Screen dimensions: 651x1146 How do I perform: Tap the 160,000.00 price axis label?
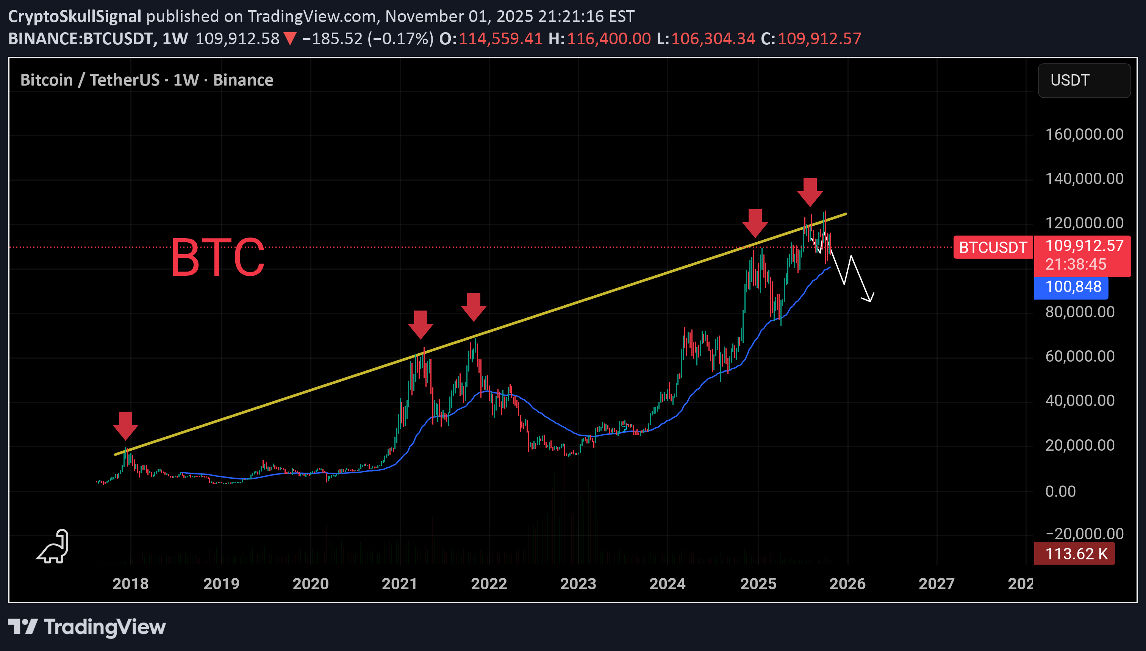coord(1084,134)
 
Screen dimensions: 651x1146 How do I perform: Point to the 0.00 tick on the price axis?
coord(1060,492)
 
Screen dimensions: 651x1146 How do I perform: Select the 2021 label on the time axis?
coord(399,584)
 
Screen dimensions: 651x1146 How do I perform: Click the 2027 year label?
coord(936,584)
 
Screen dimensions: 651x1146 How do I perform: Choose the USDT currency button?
coord(1083,81)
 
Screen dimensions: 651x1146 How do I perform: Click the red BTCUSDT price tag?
coord(993,247)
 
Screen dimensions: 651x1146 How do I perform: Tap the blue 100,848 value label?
coord(1073,287)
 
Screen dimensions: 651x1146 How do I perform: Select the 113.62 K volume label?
coord(1076,554)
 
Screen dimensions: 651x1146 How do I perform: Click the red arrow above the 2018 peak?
coord(125,425)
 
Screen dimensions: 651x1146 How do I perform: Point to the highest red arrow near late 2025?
coord(810,192)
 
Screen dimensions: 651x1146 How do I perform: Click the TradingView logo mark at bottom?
coord(22,626)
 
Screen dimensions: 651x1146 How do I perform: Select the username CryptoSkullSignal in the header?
coord(75,17)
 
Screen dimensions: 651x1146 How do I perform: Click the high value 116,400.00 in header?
coord(608,39)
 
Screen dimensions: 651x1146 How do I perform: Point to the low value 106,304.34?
coord(713,39)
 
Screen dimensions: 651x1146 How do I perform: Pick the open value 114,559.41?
coord(500,39)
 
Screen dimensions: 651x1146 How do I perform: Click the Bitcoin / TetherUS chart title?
coord(147,80)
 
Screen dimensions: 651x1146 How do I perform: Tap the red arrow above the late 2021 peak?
coord(474,307)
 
